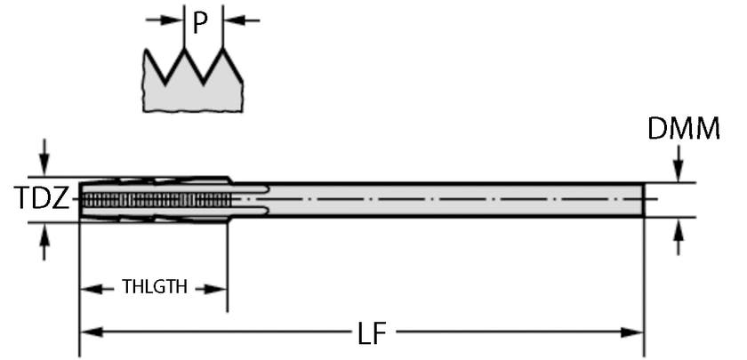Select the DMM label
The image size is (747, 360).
click(x=683, y=130)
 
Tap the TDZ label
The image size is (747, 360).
click(x=41, y=199)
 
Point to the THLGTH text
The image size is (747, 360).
click(x=155, y=287)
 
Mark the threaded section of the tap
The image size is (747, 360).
click(x=156, y=199)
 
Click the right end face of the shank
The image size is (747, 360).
click(x=644, y=199)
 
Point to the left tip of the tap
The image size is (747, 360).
click(x=80, y=199)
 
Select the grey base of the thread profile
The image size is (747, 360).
click(x=193, y=96)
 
